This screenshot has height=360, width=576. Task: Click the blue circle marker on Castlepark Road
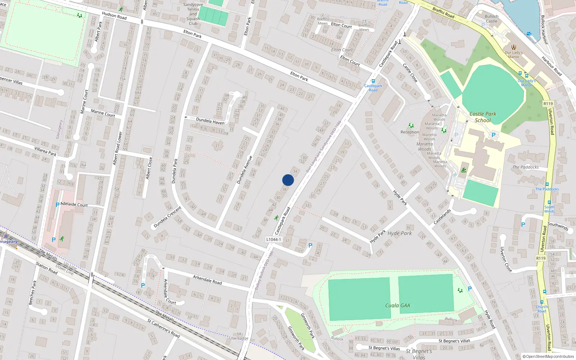click(x=288, y=180)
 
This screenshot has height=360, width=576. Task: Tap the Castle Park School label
click(x=483, y=117)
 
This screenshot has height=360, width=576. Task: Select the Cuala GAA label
click(x=397, y=305)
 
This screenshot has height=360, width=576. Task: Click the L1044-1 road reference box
click(x=273, y=239)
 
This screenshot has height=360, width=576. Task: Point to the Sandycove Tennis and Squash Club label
click(x=193, y=14)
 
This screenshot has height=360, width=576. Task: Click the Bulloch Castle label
click(x=491, y=19)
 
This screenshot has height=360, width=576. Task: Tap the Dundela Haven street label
click(x=210, y=121)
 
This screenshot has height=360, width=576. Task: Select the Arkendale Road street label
click(x=207, y=280)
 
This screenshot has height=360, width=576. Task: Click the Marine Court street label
click(x=103, y=113)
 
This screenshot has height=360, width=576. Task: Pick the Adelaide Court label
click(x=74, y=204)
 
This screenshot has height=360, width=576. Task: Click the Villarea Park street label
click(x=45, y=151)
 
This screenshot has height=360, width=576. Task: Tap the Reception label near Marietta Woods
click(x=410, y=132)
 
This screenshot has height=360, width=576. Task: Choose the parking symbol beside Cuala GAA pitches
click(x=469, y=289)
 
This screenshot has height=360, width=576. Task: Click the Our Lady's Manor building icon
click(x=514, y=47)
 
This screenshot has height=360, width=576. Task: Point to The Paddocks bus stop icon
click(x=547, y=184)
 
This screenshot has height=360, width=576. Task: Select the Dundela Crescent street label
click(x=167, y=217)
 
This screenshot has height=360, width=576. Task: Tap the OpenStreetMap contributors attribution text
click(x=548, y=356)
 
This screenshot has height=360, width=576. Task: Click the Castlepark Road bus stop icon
click(x=373, y=81)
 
